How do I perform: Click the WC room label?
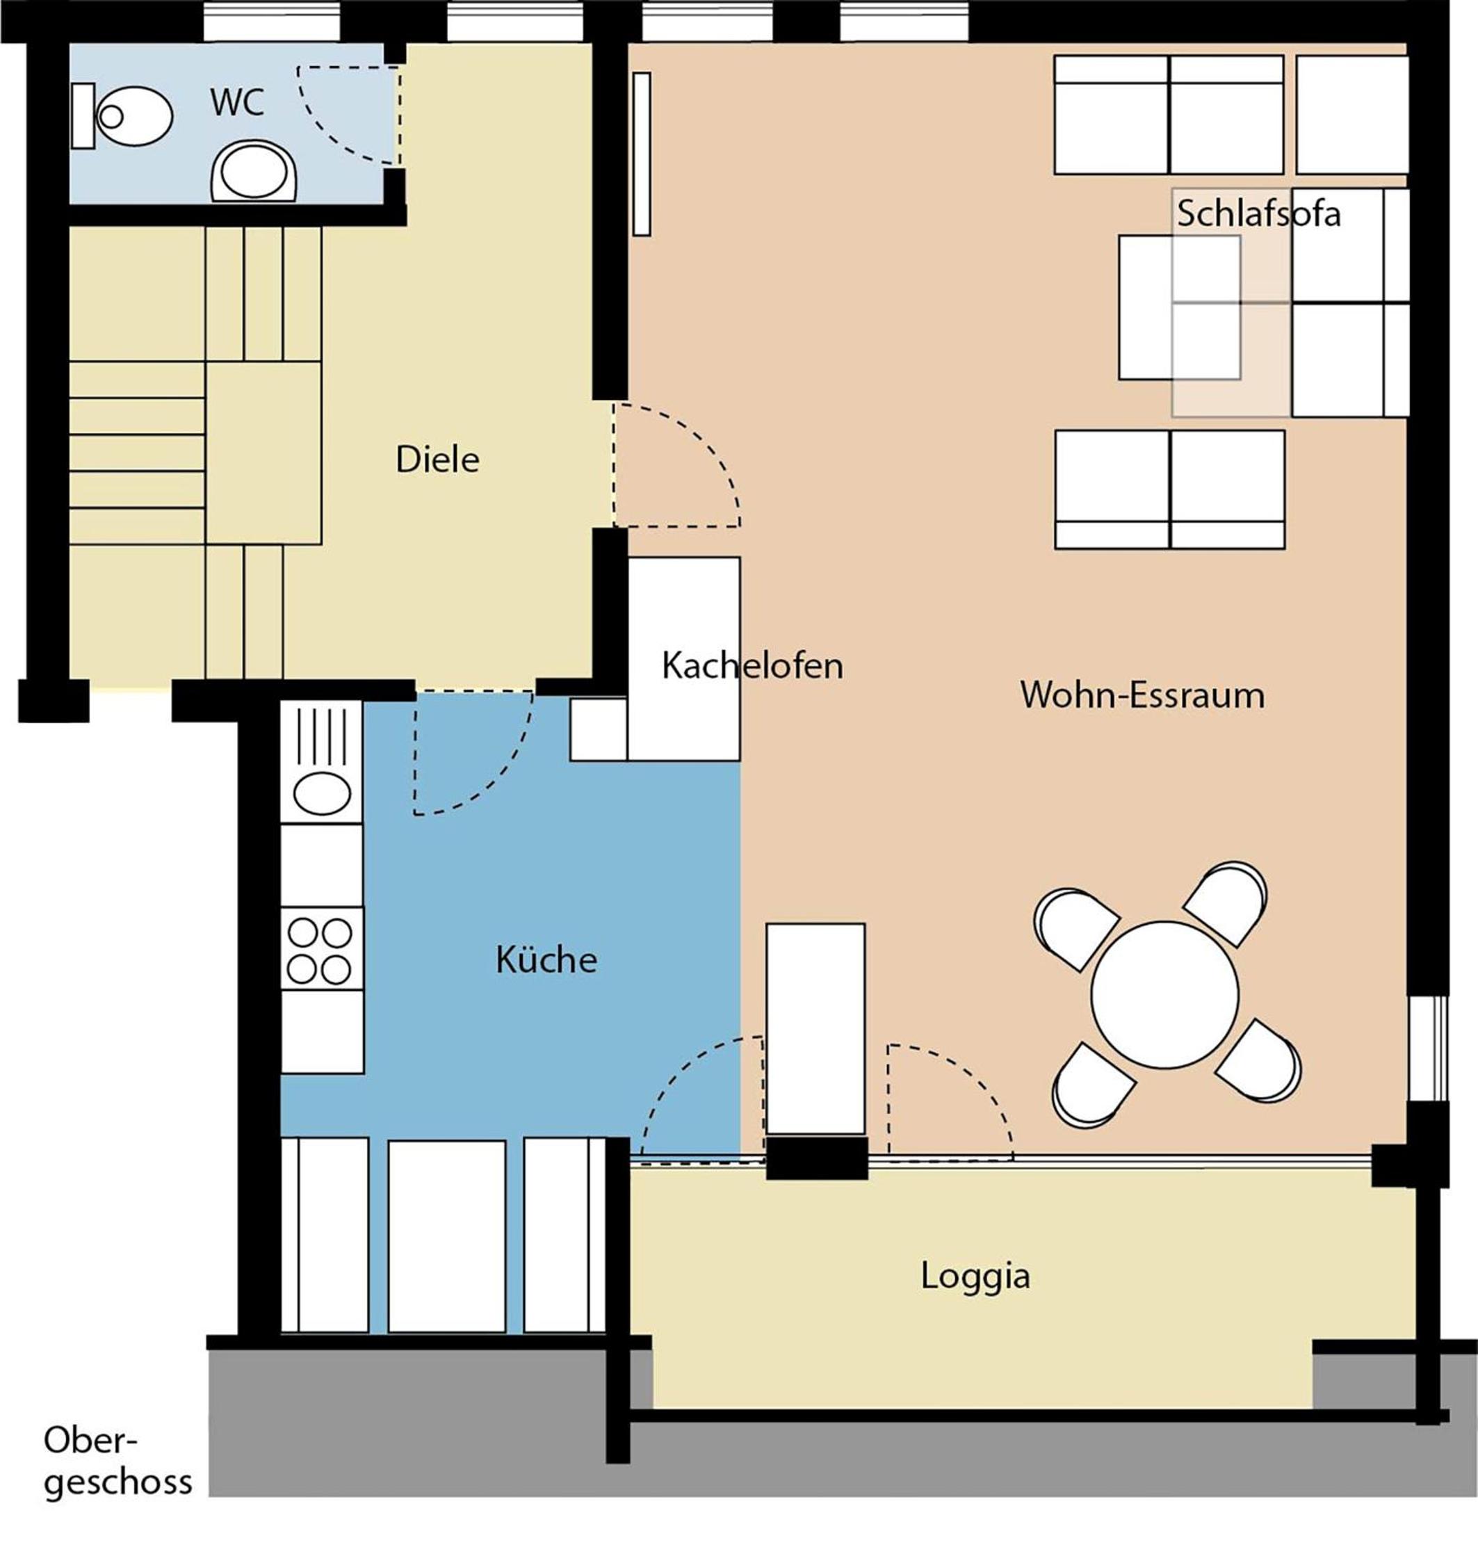237,103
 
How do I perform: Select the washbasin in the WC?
254,171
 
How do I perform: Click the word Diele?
437,460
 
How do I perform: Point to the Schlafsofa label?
1259,213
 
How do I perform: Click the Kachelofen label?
752,666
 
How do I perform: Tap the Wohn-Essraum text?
1142,695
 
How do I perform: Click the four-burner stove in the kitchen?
321,948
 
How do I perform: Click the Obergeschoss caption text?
118,1460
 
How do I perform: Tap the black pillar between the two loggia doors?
817,1158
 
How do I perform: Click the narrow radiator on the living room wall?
641,154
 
